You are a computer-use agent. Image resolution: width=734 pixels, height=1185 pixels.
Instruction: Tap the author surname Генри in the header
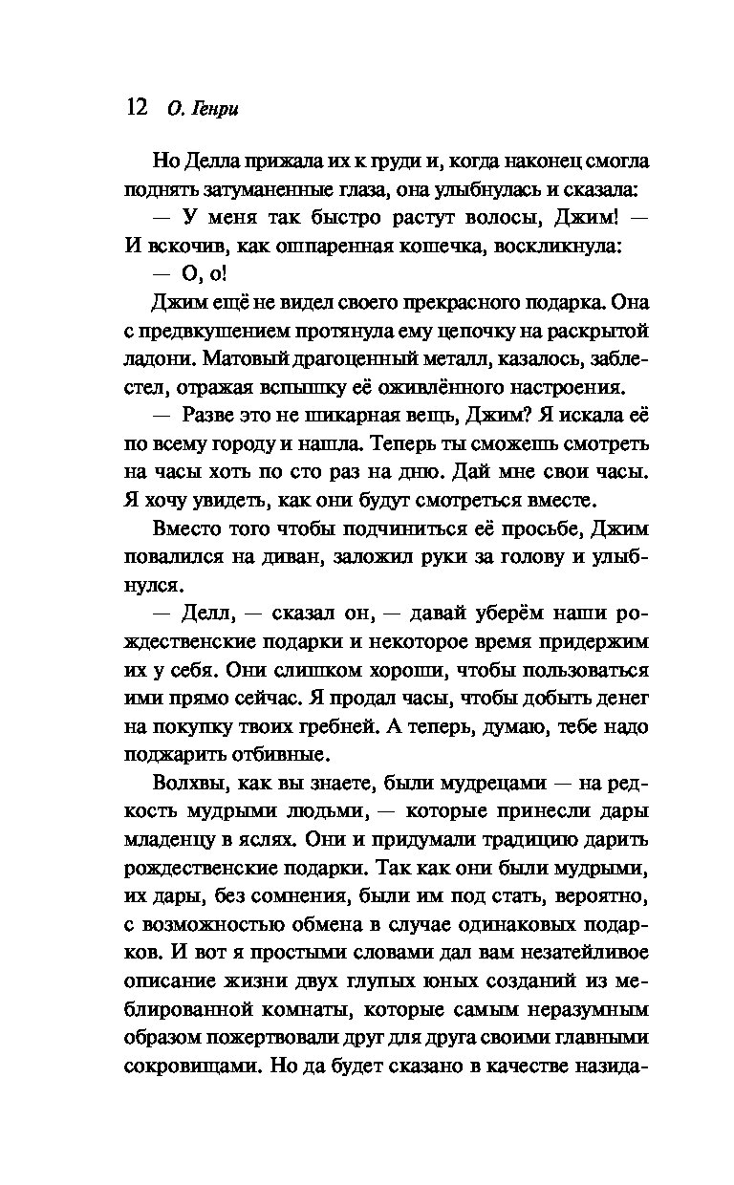point(216,108)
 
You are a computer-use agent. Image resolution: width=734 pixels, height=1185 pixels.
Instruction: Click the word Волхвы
point(189,784)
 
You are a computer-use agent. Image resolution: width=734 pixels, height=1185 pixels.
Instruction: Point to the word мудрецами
point(489,784)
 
